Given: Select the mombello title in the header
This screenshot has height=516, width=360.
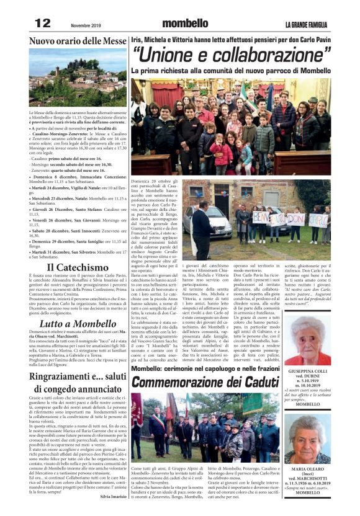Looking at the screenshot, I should pyautogui.click(x=185, y=24).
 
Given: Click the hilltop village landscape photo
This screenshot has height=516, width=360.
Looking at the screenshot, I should pyautogui.click(x=78, y=79).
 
